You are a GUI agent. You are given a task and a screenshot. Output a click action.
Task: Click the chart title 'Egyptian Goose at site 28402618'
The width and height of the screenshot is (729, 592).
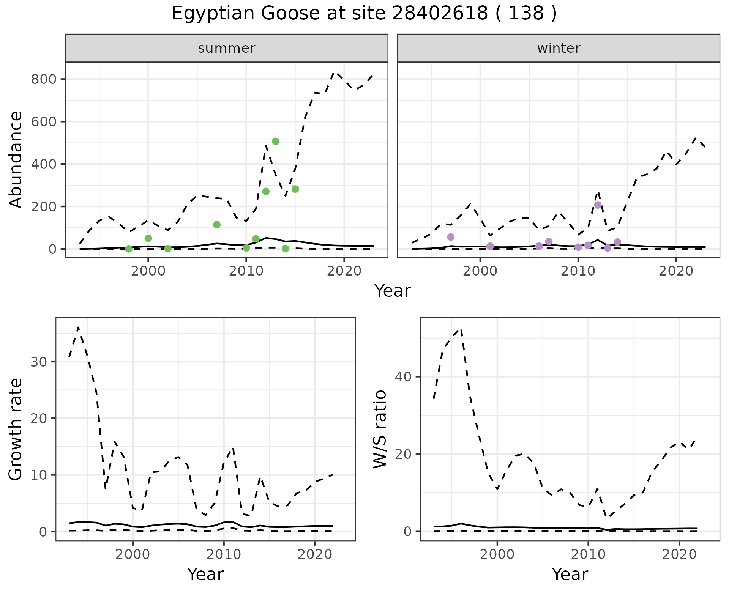(364, 14)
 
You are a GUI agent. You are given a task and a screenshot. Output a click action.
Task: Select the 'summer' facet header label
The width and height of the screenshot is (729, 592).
(226, 48)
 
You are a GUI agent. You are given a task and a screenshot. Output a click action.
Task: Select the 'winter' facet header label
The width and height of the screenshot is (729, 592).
(558, 48)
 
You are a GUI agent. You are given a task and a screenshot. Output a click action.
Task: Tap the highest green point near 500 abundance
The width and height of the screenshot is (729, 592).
(276, 142)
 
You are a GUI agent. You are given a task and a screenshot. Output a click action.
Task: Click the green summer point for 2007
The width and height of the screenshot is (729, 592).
(217, 225)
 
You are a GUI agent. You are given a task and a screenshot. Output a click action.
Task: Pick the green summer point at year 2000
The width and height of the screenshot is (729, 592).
(148, 238)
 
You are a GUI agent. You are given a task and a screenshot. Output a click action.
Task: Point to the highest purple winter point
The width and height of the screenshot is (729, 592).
(598, 205)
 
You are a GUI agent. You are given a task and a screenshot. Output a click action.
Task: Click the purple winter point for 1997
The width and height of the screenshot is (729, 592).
(451, 237)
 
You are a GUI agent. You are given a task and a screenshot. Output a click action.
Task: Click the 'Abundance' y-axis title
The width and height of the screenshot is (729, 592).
(16, 159)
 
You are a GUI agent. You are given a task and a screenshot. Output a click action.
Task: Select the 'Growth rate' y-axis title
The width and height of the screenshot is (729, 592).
(16, 430)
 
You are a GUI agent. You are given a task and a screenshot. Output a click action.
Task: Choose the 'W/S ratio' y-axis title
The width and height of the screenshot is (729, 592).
(380, 429)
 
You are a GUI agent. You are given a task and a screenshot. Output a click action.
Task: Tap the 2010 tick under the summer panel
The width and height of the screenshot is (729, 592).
(246, 271)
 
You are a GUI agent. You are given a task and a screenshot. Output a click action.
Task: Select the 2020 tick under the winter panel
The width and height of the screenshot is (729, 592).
(676, 271)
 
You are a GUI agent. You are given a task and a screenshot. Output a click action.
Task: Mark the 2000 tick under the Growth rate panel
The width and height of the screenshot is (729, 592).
(133, 554)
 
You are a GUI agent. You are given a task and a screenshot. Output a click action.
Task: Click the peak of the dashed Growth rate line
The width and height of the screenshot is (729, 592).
(78, 327)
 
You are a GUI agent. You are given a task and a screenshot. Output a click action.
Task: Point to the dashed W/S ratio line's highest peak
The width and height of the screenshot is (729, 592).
(461, 329)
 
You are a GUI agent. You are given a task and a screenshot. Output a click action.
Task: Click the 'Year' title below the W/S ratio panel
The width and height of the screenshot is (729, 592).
(570, 575)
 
